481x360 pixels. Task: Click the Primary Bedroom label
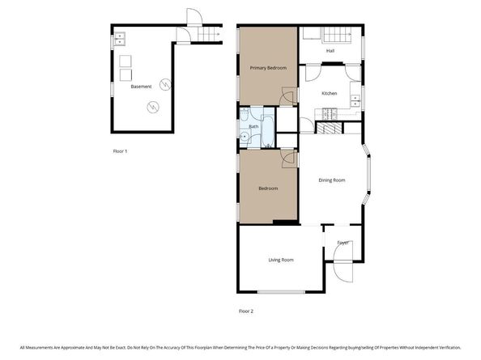coord(268,68)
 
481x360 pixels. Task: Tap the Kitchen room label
coord(329,93)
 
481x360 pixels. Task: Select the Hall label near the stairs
coord(330,50)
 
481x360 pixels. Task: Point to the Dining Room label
coord(332,180)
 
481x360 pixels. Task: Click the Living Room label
coord(281,260)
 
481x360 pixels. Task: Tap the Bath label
coord(253,126)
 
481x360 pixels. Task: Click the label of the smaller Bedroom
coord(268,188)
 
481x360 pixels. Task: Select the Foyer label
coord(343,242)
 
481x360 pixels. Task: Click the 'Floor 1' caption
coord(120,150)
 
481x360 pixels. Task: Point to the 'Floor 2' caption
coord(246,311)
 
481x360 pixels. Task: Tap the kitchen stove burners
coord(329,128)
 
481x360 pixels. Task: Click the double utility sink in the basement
coord(119,36)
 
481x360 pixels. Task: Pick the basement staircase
coord(210,34)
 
